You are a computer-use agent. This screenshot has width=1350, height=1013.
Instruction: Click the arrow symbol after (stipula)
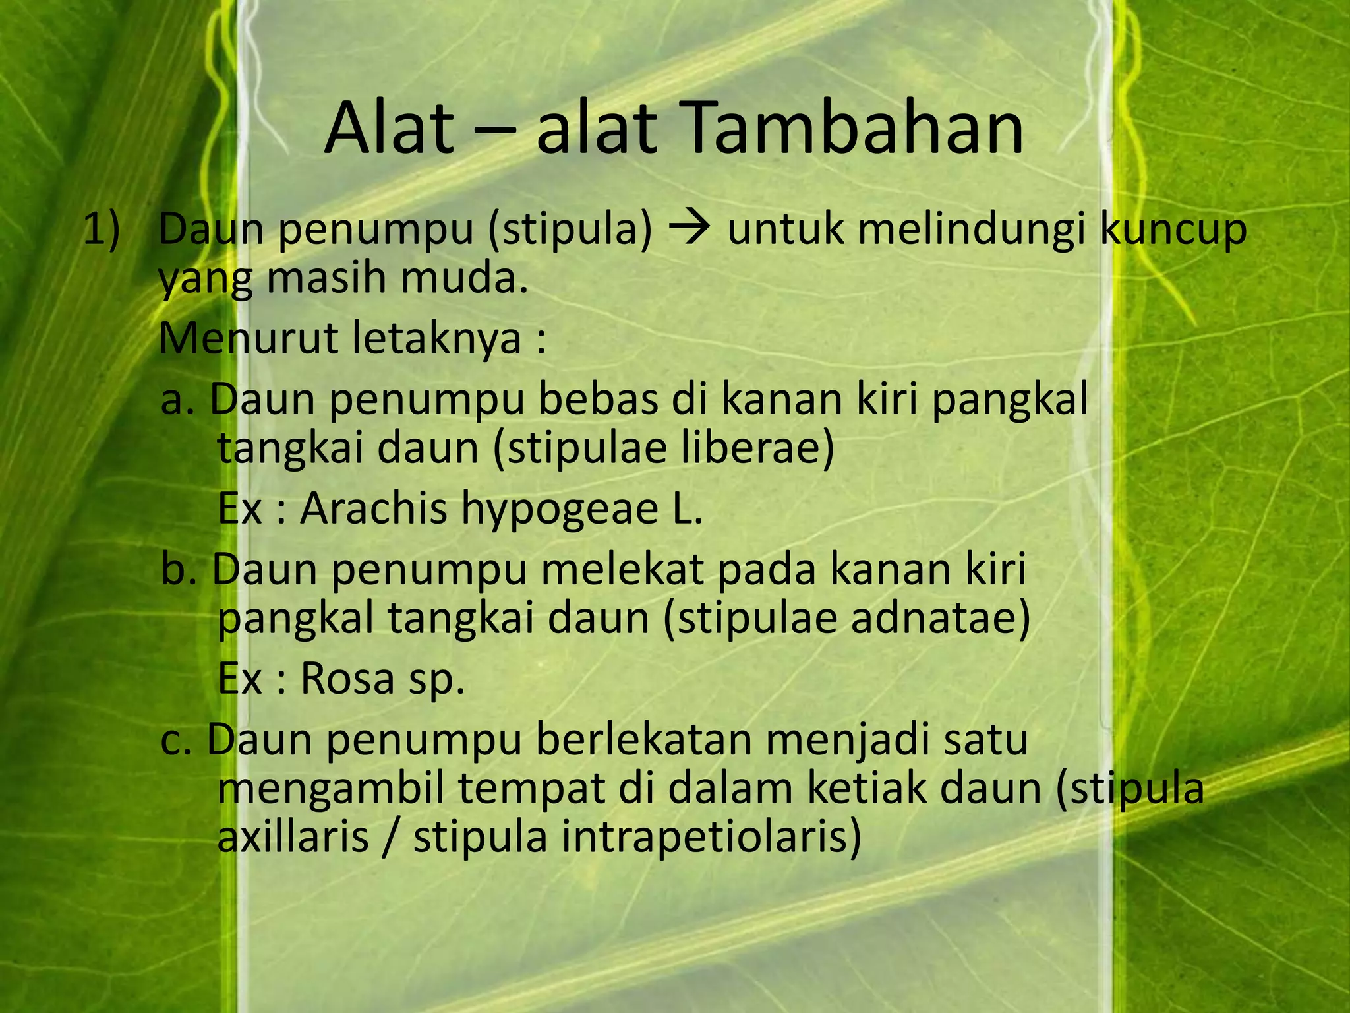click(689, 229)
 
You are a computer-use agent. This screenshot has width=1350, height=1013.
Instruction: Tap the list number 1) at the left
click(102, 230)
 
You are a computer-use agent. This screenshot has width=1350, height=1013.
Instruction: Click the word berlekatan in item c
click(643, 739)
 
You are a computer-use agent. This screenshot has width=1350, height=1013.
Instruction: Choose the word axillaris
click(293, 837)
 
